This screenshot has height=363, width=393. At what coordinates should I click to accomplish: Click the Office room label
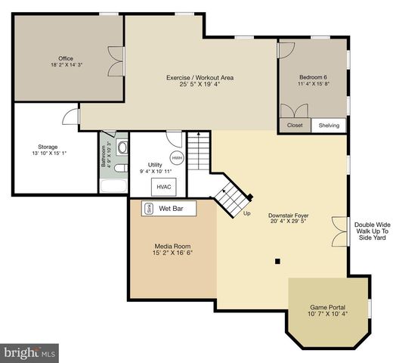66,58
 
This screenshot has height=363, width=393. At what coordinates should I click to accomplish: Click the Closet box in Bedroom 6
295,126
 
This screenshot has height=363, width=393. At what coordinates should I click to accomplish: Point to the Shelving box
329,126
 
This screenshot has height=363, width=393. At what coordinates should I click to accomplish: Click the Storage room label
48,147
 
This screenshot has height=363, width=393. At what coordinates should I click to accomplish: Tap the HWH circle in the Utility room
177,157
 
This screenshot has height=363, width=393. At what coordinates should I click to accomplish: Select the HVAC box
163,185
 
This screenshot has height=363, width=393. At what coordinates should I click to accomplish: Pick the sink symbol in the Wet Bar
148,208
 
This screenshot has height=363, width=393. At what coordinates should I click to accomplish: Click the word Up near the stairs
246,213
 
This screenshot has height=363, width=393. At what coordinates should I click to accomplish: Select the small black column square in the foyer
277,261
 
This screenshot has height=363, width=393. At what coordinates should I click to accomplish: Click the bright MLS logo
29,352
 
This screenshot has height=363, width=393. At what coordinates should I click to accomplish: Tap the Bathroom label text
104,154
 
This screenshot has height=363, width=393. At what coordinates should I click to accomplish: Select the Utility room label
155,164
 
